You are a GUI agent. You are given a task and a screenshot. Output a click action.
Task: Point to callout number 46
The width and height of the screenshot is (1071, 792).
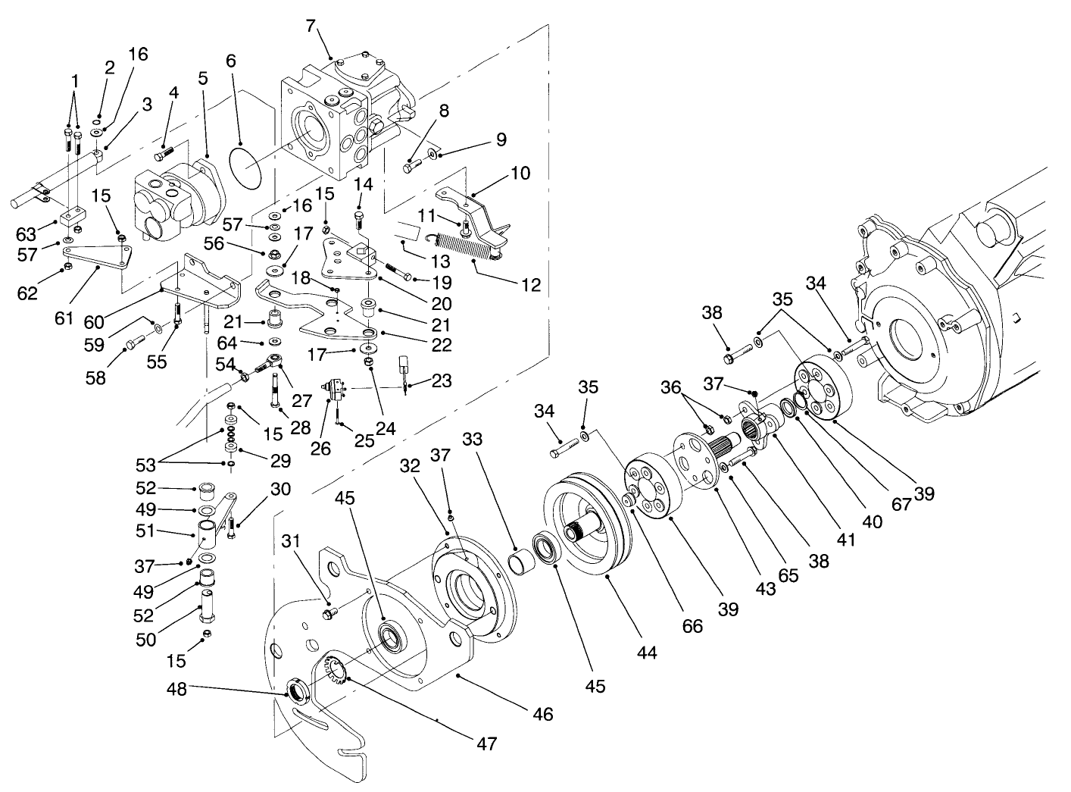pos(542,713)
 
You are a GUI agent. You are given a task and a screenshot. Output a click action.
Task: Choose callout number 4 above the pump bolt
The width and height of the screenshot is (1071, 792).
pos(174,92)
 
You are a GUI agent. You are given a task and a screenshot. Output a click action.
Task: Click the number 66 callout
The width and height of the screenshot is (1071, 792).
pos(692,626)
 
